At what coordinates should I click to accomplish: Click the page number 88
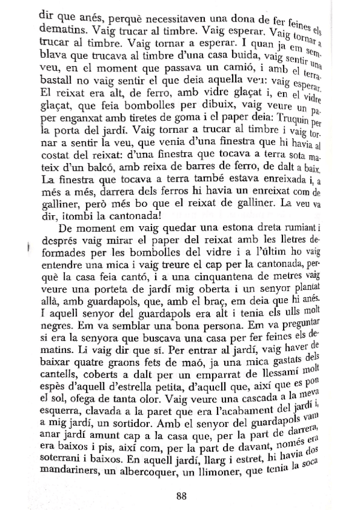tap(183, 479)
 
